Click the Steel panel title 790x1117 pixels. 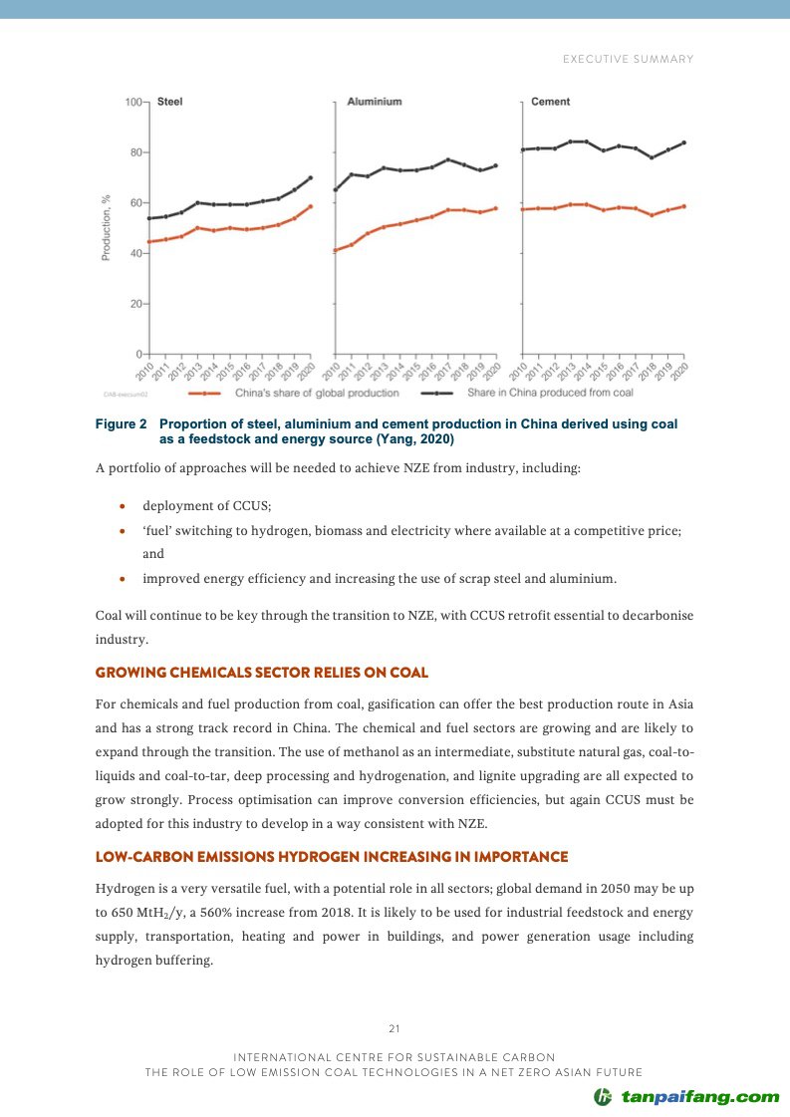click(x=170, y=102)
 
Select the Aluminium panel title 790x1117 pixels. click(x=375, y=102)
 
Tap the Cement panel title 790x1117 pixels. click(x=551, y=102)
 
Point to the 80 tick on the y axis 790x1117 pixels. click(x=132, y=152)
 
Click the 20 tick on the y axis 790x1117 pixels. click(x=132, y=304)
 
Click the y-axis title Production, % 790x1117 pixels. click(x=106, y=227)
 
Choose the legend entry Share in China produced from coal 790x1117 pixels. click(x=550, y=393)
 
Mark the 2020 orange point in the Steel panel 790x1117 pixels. click(x=311, y=206)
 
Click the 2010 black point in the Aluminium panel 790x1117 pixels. click(x=336, y=189)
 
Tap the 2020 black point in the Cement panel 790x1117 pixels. click(x=683, y=142)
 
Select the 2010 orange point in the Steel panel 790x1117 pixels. click(x=149, y=241)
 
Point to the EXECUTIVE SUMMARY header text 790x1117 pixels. click(x=628, y=60)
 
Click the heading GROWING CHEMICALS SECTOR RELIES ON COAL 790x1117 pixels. click(x=262, y=673)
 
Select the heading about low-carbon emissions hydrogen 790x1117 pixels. click(x=332, y=857)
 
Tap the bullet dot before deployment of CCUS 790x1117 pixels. click(x=122, y=506)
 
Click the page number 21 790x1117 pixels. click(x=395, y=1028)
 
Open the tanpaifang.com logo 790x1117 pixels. click(x=687, y=1097)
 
